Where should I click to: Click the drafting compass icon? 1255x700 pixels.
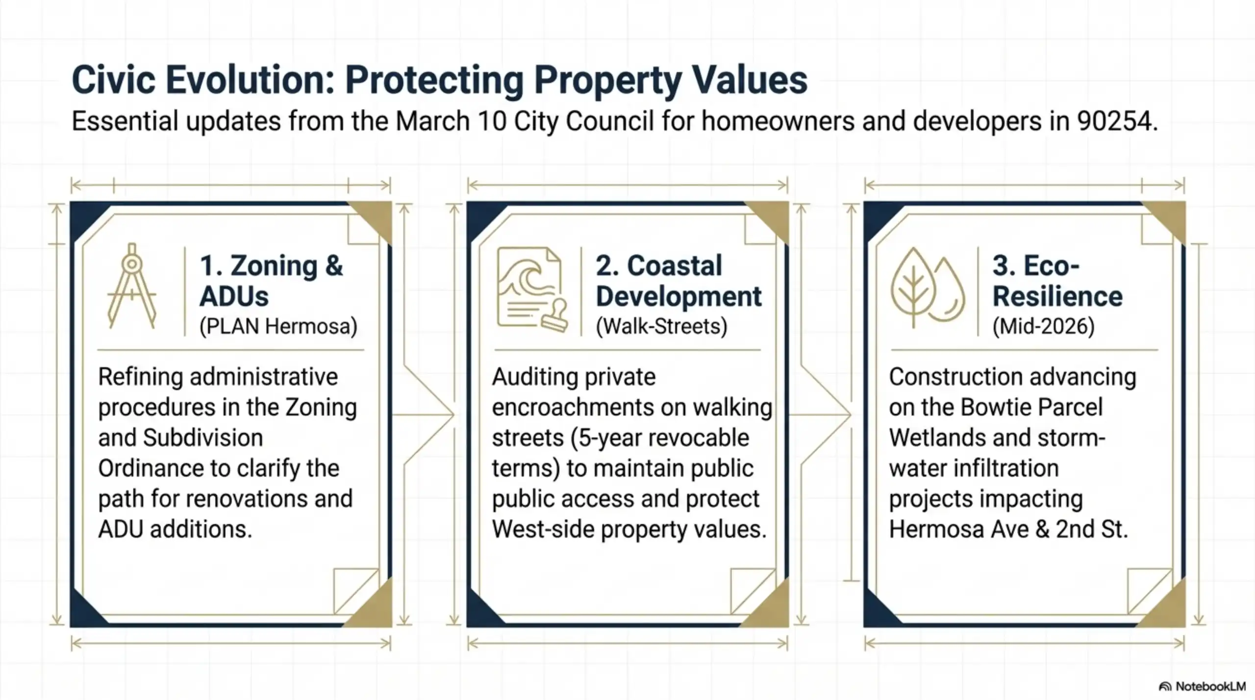point(131,286)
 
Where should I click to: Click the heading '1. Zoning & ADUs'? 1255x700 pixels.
point(271,281)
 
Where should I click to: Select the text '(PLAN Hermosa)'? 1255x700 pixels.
point(278,326)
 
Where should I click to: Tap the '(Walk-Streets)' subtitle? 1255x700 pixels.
point(661,326)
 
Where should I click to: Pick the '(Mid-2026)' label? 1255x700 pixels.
point(1043,326)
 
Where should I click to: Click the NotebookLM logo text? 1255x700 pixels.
point(1210,686)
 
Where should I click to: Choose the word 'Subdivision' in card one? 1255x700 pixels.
point(203,438)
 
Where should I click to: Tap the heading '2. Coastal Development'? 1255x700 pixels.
point(678,281)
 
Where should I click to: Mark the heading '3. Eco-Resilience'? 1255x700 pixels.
point(1057,281)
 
